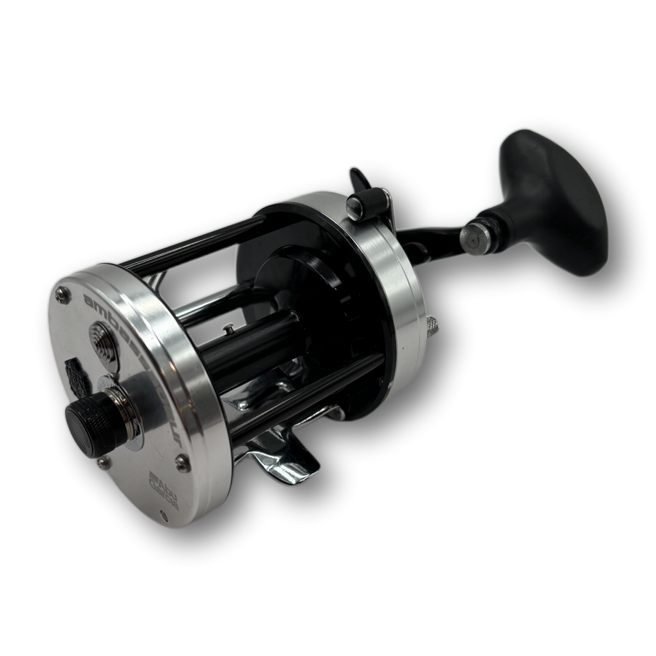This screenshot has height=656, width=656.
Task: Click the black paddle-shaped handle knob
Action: click(x=552, y=200)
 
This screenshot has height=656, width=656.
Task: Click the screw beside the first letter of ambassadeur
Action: click(x=64, y=296)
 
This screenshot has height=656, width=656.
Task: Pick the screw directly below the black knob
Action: click(x=103, y=462)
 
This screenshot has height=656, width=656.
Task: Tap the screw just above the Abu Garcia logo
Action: click(x=182, y=464)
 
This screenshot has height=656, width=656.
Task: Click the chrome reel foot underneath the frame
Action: click(x=276, y=449)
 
